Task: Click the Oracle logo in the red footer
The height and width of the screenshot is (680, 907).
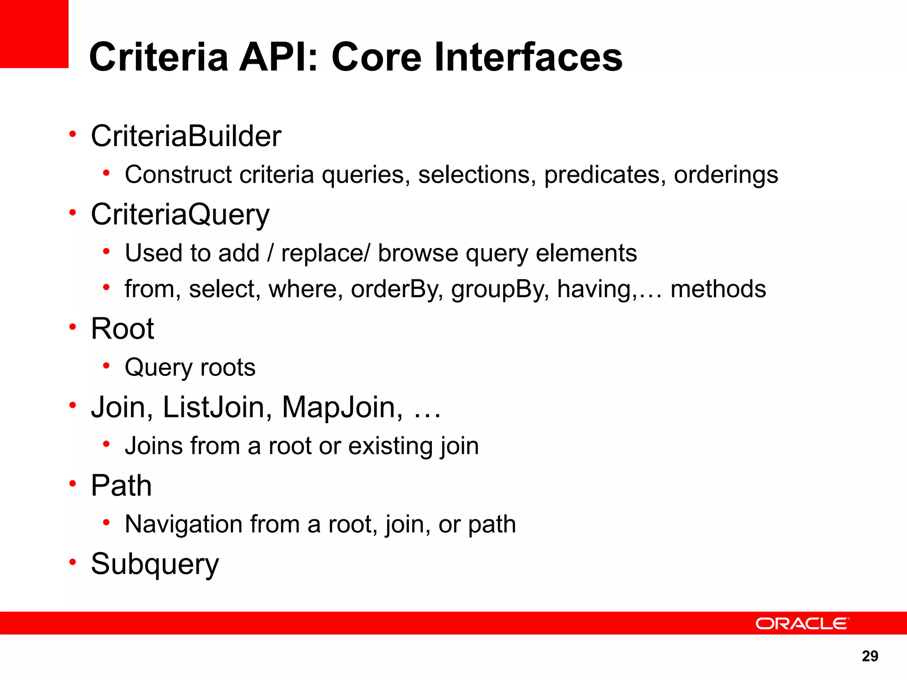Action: tap(802, 623)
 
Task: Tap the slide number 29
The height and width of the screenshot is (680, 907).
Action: tap(870, 656)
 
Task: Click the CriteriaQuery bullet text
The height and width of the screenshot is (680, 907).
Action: tap(180, 215)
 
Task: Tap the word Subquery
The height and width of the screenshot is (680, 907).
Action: tap(155, 564)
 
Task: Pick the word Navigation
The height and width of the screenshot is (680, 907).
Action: tap(183, 525)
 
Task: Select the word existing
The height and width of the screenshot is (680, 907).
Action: tap(390, 446)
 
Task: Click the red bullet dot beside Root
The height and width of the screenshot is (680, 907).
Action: tap(73, 327)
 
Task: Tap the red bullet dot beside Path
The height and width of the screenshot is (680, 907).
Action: tap(73, 484)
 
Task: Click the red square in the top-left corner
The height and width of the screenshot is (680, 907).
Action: tap(34, 34)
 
